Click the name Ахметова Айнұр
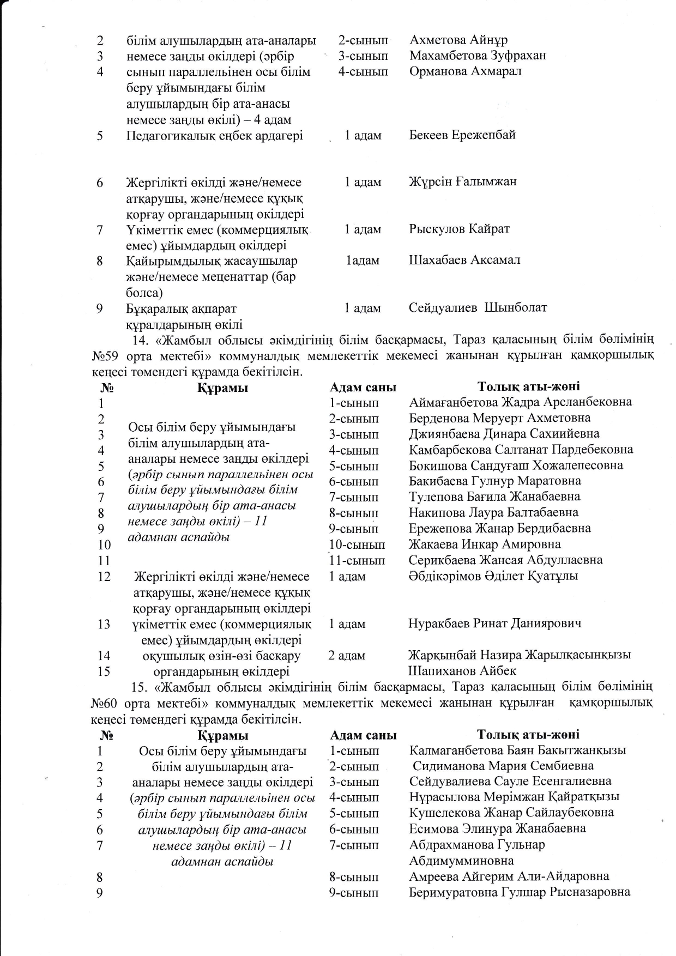click(x=458, y=40)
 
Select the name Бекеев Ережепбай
click(x=462, y=135)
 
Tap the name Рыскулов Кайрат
click(x=459, y=229)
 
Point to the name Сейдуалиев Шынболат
click(x=478, y=308)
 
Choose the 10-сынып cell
click(x=357, y=544)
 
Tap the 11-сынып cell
click(x=357, y=560)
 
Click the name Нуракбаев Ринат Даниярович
click(x=494, y=624)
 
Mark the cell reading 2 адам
click(x=347, y=656)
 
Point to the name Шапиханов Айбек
click(x=462, y=671)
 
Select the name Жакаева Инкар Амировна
click(x=485, y=544)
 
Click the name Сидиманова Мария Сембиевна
click(x=503, y=766)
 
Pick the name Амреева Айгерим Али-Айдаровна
click(x=509, y=877)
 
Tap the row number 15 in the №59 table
click(x=104, y=671)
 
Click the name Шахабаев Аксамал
click(x=464, y=260)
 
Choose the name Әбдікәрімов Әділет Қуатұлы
click(x=493, y=576)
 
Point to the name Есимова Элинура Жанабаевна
click(x=497, y=829)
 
